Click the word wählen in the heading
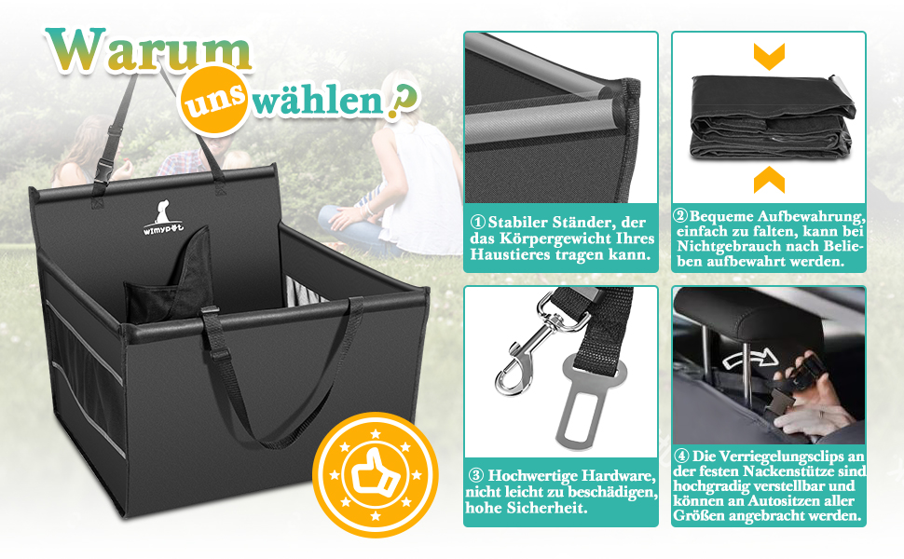[x=317, y=101]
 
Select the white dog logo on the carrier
[x=162, y=218]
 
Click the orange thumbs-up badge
[x=376, y=475]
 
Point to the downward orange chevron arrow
[x=769, y=56]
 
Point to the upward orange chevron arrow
[x=769, y=180]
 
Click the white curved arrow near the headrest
[x=750, y=358]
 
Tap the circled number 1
[x=478, y=223]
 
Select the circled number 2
[x=681, y=216]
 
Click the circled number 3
[x=476, y=475]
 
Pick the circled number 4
[x=682, y=456]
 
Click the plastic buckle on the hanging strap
[x=106, y=168]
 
